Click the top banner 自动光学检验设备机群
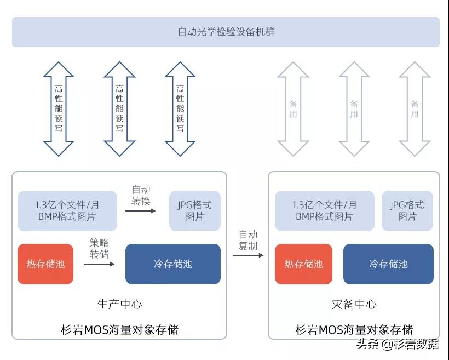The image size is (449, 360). click(x=226, y=32)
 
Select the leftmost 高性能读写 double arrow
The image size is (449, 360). click(x=59, y=109)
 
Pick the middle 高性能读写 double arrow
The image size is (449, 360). click(x=119, y=109)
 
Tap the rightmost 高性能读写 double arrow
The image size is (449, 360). click(x=180, y=109)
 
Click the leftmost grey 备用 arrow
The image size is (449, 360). click(x=293, y=109)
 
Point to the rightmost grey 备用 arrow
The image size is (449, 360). click(x=415, y=109)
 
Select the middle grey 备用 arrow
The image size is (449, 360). click(x=354, y=109)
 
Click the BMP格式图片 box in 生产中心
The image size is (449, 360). click(x=67, y=210)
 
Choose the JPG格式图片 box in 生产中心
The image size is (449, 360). click(x=195, y=210)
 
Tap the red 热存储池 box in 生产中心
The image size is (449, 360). click(x=45, y=264)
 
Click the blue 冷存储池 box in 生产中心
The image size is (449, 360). click(x=173, y=264)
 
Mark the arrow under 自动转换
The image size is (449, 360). click(x=141, y=210)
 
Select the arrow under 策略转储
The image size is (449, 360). click(x=99, y=264)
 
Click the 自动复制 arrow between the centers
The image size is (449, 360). click(x=248, y=255)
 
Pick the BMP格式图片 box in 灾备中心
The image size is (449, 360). click(x=325, y=210)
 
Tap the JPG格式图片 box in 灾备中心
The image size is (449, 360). click(x=407, y=210)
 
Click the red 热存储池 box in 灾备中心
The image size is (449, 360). click(x=303, y=264)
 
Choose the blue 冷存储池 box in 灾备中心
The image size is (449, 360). click(x=388, y=264)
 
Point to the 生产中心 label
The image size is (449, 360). click(x=119, y=304)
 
